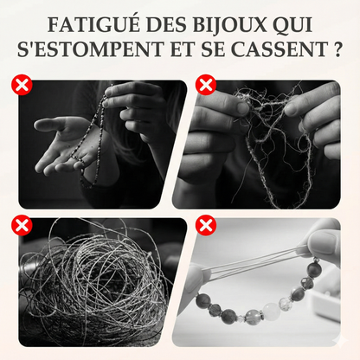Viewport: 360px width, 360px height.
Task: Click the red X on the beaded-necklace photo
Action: (18, 85)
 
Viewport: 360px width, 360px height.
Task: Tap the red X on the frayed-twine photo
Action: (206, 85)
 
